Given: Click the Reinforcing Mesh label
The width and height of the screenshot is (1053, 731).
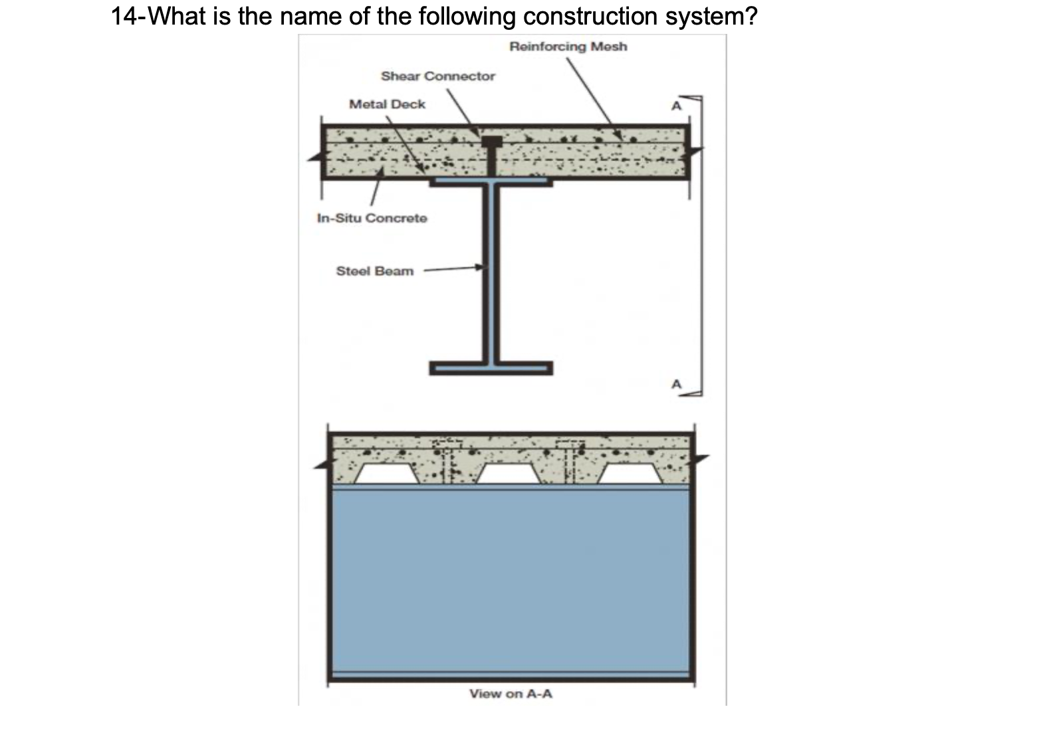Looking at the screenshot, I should pos(568,47).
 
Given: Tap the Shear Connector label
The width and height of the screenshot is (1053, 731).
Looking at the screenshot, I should pos(437,76).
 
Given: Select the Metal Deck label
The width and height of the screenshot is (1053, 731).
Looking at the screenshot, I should pos(387,104).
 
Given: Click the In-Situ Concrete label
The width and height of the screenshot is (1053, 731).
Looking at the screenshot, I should pos(372,218).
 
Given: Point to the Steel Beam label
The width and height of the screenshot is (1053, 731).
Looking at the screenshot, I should pos(374,271).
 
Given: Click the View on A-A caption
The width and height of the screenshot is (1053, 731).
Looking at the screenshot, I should pos(511,694).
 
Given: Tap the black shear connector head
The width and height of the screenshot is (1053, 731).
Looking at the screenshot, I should pos(492,142).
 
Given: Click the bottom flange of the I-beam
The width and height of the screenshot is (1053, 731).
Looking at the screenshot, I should pos(491,368).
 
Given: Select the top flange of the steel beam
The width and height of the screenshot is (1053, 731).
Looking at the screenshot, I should pos(491,181).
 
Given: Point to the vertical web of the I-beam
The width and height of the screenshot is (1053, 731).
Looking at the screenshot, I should pos(491,272).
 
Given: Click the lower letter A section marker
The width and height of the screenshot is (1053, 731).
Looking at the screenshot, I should pos(676,384).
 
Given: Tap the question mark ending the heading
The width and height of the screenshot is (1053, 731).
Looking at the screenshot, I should pos(751,16).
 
